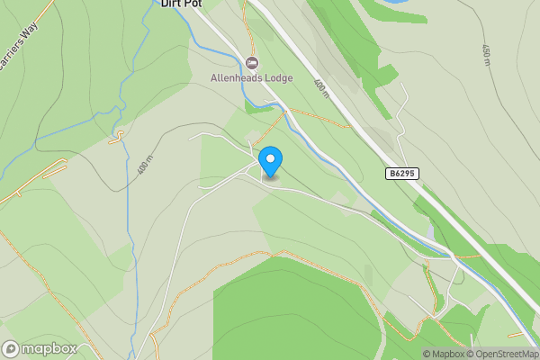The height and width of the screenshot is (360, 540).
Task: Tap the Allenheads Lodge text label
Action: pos(252,78)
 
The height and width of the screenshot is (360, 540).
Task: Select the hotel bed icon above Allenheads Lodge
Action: pos(252,62)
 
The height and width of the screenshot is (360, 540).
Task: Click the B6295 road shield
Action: pos(403,173)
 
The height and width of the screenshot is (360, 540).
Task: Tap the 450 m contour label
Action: pos(487,56)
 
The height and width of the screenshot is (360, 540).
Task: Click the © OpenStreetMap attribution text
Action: pos(502,354)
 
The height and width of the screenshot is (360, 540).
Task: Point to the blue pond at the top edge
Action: pos(392,3)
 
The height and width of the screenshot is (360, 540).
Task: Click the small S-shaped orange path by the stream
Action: pos(117,137)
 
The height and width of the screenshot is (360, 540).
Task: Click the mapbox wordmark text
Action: pos(49,348)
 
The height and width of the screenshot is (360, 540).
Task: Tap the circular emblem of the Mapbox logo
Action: pos(11,348)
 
